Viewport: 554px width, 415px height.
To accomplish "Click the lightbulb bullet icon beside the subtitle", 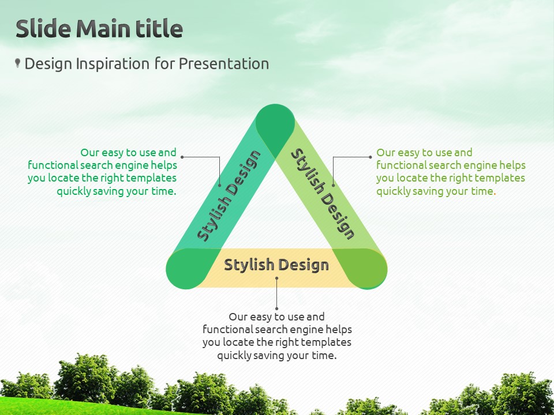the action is pyautogui.click(x=17, y=63).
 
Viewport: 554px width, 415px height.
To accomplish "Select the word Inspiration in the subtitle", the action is pyautogui.click(x=113, y=64).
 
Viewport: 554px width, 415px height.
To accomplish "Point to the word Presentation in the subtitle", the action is pyautogui.click(x=224, y=64).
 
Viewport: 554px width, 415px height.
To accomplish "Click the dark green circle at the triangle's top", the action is pyautogui.click(x=275, y=123).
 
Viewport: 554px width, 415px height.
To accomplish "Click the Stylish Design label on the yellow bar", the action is pyautogui.click(x=276, y=265).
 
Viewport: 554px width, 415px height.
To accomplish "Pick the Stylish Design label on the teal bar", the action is pyautogui.click(x=229, y=196).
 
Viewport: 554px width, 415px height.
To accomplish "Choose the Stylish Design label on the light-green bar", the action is pyautogui.click(x=323, y=194).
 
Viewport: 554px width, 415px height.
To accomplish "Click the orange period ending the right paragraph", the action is pyautogui.click(x=495, y=194).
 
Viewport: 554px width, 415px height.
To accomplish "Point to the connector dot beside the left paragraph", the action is pyautogui.click(x=182, y=157).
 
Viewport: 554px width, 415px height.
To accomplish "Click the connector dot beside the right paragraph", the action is pyautogui.click(x=370, y=157).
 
